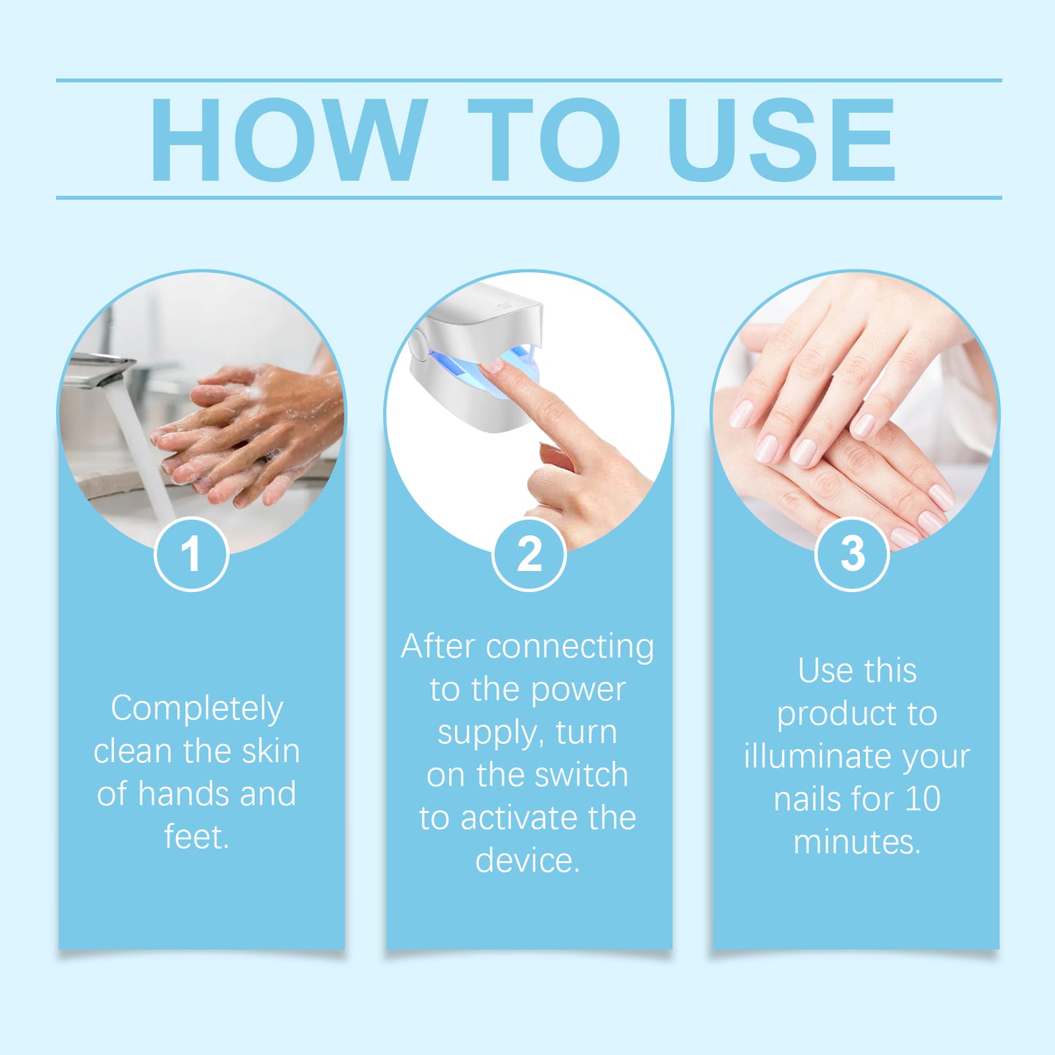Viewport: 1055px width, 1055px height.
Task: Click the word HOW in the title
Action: pyautogui.click(x=288, y=139)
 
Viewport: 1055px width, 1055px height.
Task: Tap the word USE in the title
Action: pyautogui.click(x=780, y=139)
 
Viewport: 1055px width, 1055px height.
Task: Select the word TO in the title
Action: pyautogui.click(x=544, y=139)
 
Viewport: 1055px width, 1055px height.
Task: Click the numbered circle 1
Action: pyautogui.click(x=191, y=554)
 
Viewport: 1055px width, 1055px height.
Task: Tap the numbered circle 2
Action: pyautogui.click(x=529, y=554)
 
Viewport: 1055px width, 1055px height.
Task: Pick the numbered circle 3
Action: pyautogui.click(x=852, y=554)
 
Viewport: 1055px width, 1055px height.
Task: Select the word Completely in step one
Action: pyautogui.click(x=196, y=709)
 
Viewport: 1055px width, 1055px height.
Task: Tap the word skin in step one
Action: pyautogui.click(x=270, y=751)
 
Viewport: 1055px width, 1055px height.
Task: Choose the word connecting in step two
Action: pyautogui.click(x=569, y=647)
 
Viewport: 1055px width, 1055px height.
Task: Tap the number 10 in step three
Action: pyautogui.click(x=922, y=799)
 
